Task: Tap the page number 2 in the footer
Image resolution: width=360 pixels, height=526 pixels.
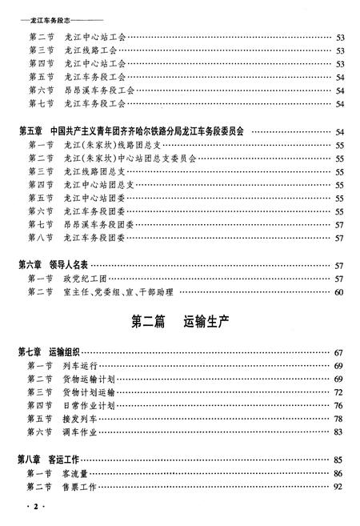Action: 32,508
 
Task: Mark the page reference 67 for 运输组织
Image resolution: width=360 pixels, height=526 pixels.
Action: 338,351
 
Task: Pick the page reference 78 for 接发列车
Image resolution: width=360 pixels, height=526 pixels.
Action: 338,419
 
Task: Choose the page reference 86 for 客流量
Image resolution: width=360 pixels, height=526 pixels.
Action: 338,472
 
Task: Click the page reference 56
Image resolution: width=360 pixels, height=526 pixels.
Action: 338,211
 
